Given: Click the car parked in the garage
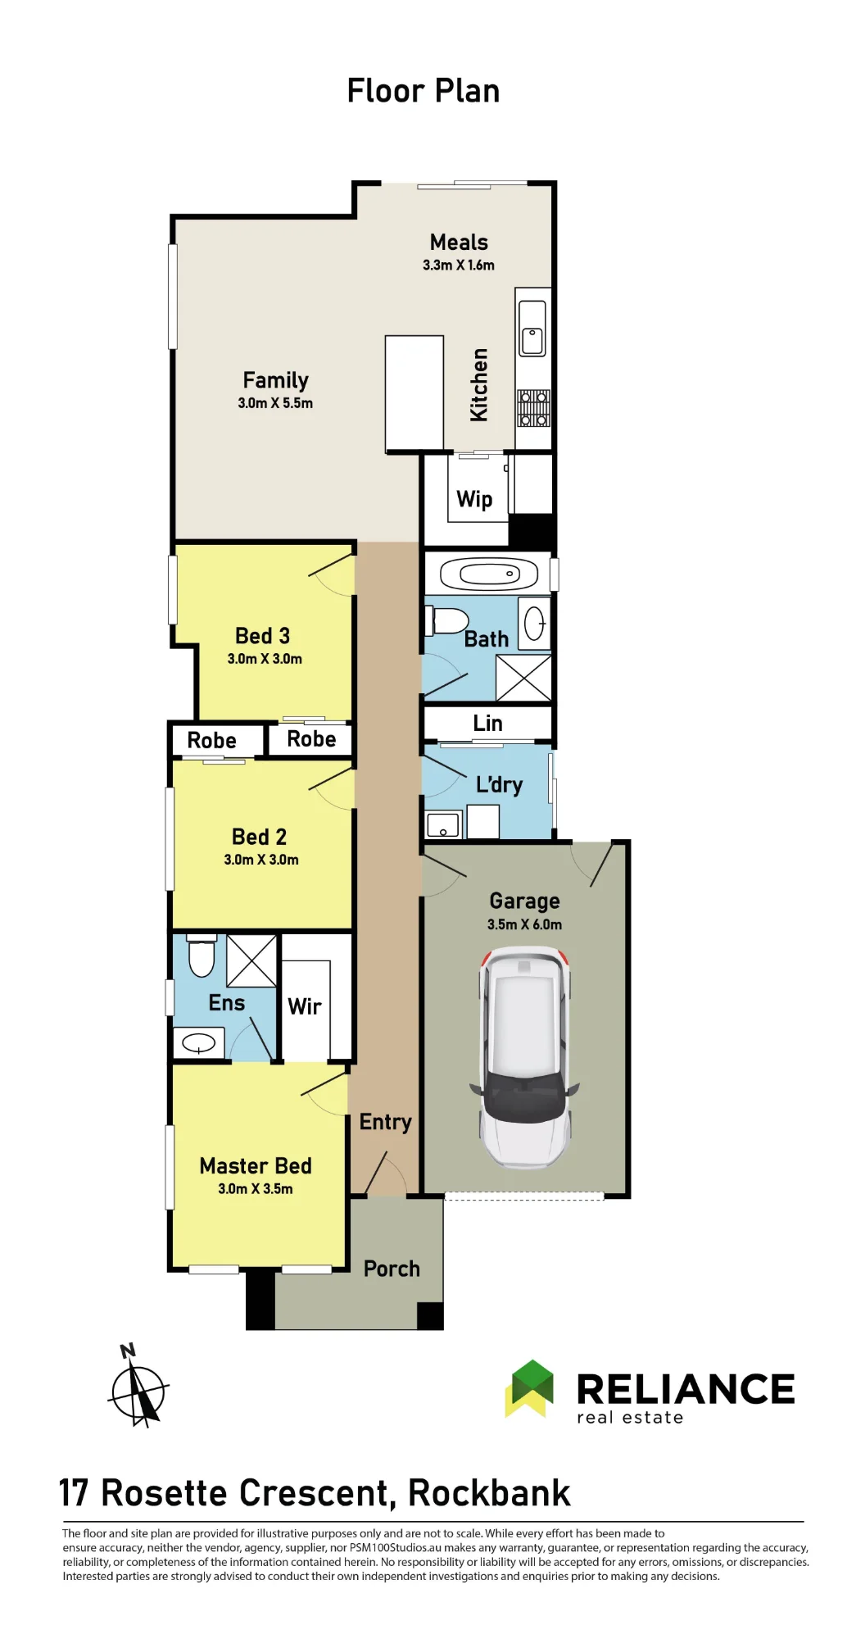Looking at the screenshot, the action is (524, 1058).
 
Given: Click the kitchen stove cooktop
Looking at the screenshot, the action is (533, 408).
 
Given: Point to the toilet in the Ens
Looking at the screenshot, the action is (202, 956).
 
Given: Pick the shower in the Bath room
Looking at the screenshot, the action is (523, 679).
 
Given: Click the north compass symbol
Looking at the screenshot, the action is (138, 1387).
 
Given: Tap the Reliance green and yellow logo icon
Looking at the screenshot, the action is (529, 1388).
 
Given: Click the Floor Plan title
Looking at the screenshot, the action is (423, 91).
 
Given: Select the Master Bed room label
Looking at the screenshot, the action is (256, 1165).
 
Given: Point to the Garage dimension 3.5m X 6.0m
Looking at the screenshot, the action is (524, 924).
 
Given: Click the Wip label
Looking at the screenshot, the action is (474, 499).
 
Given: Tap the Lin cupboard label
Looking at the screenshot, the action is (487, 723).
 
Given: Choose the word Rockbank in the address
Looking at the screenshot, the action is (489, 1493).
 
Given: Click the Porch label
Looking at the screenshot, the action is (392, 1269).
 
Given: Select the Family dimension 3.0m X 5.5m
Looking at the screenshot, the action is (275, 403).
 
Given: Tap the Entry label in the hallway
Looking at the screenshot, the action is (385, 1123).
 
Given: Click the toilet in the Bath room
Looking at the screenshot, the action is (446, 621).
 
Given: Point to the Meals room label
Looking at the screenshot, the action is (459, 243).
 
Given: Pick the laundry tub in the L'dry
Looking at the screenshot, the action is (443, 824).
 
